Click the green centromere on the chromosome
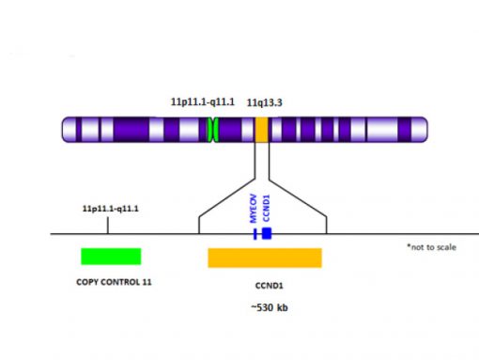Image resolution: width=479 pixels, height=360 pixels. click(213, 130)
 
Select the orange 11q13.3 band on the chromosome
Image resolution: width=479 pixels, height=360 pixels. click(261, 130)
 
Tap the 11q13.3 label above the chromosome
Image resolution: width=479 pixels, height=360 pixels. click(264, 101)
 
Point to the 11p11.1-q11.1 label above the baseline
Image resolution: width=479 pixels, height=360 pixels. click(111, 208)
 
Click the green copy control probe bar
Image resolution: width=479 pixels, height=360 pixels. click(111, 256)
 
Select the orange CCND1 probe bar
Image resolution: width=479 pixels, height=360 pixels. click(264, 257)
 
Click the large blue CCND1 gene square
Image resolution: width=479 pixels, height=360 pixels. click(267, 232)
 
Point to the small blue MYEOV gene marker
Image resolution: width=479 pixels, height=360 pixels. click(255, 232)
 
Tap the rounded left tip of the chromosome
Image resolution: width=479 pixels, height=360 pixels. click(66, 130)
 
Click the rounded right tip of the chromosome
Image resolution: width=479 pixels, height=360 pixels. click(424, 130)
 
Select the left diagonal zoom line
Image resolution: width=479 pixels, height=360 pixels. click(225, 197)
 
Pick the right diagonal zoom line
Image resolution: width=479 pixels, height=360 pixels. click(299, 197)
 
